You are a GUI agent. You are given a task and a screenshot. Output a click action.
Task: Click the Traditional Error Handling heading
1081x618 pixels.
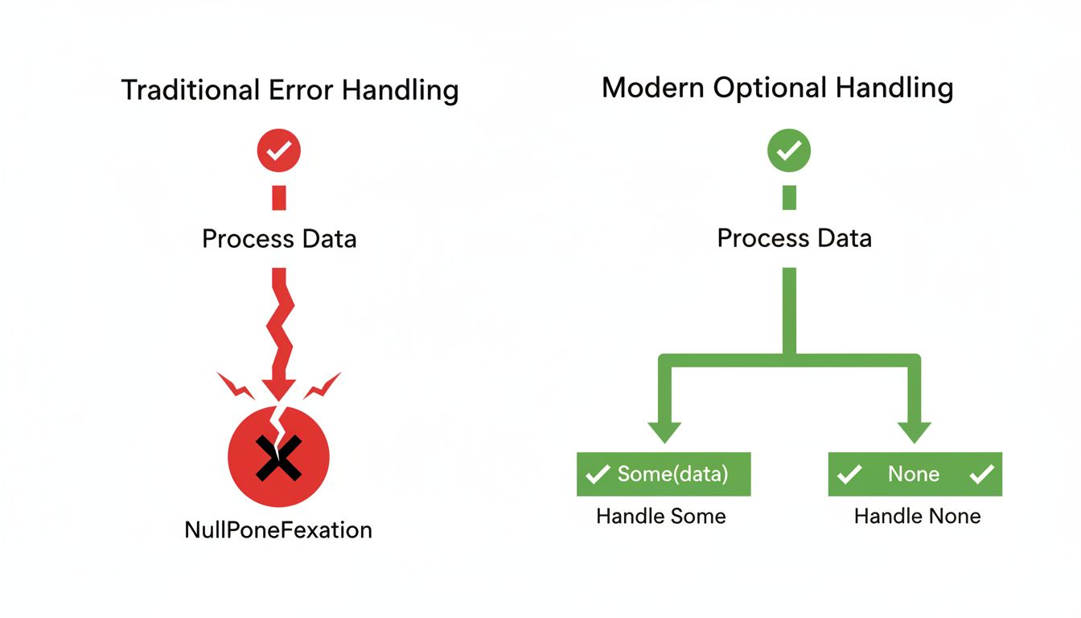[290, 90]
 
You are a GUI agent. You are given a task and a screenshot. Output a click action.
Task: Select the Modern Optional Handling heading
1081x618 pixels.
[777, 88]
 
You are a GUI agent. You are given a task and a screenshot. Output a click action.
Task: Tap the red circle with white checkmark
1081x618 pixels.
[278, 150]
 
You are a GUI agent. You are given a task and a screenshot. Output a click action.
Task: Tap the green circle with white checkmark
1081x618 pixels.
[789, 150]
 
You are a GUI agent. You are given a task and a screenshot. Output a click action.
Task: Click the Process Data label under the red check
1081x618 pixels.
[279, 239]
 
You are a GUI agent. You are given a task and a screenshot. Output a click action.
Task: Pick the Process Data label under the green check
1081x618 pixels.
[794, 238]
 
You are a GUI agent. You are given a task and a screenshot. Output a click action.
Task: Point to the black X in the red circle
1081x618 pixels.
[278, 457]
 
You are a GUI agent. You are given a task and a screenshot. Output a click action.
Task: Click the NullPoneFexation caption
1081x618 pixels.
[278, 529]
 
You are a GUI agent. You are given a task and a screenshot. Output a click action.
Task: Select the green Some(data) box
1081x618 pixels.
[664, 474]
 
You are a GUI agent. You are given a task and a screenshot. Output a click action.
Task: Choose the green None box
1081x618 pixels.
[915, 474]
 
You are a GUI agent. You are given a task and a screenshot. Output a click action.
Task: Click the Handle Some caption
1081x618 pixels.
[661, 516]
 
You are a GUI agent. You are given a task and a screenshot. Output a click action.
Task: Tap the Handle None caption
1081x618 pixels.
[918, 516]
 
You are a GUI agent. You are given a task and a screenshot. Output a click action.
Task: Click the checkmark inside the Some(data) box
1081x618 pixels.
[598, 475]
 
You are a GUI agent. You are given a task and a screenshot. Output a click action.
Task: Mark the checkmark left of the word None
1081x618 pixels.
[849, 475]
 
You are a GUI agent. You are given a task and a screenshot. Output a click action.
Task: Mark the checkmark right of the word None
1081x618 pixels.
[981, 475]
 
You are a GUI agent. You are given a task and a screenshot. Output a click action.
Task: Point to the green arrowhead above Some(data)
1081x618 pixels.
[664, 431]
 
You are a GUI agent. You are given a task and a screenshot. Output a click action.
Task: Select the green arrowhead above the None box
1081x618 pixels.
[915, 431]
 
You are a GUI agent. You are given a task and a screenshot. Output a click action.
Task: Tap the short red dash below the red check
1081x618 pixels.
[279, 197]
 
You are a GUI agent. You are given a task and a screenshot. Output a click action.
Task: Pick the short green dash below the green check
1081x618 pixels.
[789, 197]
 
